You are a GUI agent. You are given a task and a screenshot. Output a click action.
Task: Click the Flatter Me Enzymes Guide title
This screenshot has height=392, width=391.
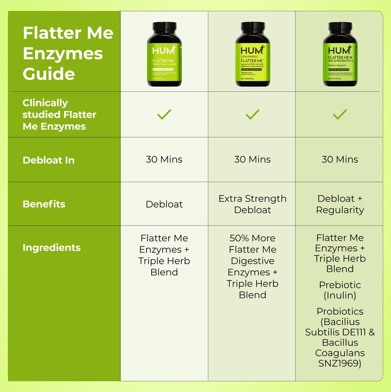click(x=68, y=53)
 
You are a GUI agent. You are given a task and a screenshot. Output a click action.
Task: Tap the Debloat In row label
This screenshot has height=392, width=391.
click(x=48, y=160)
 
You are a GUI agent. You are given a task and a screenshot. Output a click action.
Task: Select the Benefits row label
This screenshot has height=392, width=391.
click(x=44, y=204)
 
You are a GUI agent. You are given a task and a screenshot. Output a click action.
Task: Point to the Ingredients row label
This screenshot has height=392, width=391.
click(x=52, y=247)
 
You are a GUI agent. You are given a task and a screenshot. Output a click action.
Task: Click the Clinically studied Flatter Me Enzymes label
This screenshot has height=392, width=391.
click(x=59, y=114)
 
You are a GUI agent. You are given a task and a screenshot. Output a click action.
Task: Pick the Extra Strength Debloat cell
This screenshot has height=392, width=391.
click(x=252, y=204)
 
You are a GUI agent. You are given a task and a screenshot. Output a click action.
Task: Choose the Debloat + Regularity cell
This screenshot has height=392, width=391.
click(x=340, y=204)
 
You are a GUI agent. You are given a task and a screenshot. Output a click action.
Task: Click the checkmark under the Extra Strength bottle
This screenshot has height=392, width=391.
click(x=252, y=114)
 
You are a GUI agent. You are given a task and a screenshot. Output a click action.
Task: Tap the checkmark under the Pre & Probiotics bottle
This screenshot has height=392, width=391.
click(x=340, y=114)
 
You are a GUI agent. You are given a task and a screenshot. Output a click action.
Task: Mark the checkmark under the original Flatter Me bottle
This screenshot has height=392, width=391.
click(x=164, y=114)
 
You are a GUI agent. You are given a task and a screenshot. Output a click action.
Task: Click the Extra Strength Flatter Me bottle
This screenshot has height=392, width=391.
click(x=253, y=55)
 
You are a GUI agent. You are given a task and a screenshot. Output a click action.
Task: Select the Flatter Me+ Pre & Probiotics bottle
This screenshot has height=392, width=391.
click(x=340, y=55)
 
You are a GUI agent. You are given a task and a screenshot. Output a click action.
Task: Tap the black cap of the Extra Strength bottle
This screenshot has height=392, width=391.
click(x=253, y=28)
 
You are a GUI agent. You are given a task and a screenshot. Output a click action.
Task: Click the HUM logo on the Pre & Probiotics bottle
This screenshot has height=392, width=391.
click(x=337, y=51)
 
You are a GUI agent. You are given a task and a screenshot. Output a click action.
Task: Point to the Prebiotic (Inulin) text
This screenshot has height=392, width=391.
click(x=340, y=290)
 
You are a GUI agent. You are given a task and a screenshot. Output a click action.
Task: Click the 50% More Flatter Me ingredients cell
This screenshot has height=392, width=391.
click(x=252, y=266)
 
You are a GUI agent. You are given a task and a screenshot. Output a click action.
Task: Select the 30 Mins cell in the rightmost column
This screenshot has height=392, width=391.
click(x=340, y=159)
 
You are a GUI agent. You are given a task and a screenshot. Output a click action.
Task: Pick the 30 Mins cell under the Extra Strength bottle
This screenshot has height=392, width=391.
click(x=252, y=159)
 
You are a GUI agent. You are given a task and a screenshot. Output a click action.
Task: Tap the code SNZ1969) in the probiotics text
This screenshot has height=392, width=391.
click(x=340, y=363)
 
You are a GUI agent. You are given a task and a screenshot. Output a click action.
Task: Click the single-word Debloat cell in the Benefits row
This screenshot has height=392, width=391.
click(x=164, y=204)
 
